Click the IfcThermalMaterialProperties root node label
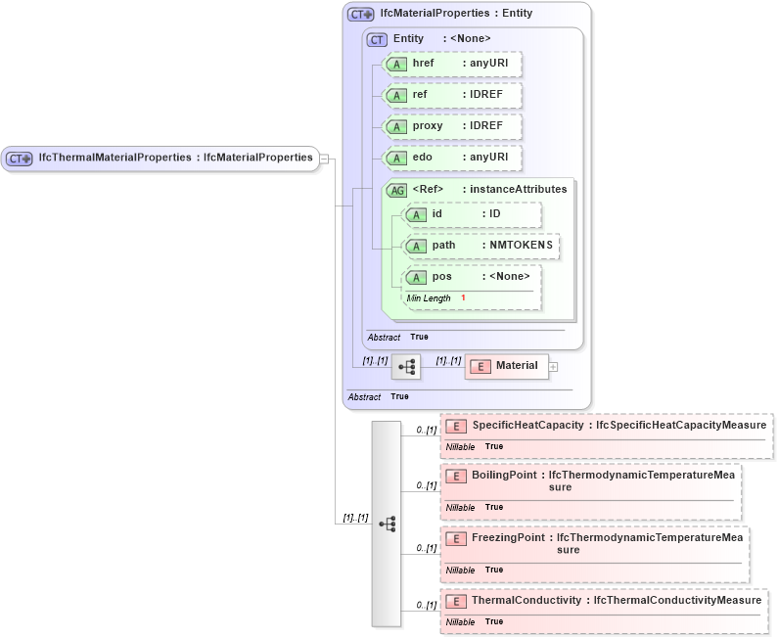[x=175, y=158]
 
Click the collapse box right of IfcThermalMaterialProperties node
[x=325, y=158]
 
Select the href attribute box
[x=452, y=64]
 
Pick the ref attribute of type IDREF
[x=452, y=95]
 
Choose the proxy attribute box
[x=452, y=126]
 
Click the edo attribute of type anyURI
[x=452, y=158]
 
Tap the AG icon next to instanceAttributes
[x=397, y=190]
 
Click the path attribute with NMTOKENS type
[x=481, y=246]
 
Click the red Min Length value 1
[x=463, y=297]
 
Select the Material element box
[x=507, y=366]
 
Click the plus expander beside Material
[x=554, y=366]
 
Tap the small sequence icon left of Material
[x=406, y=367]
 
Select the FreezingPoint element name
[x=508, y=537]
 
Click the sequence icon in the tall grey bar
[x=387, y=524]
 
